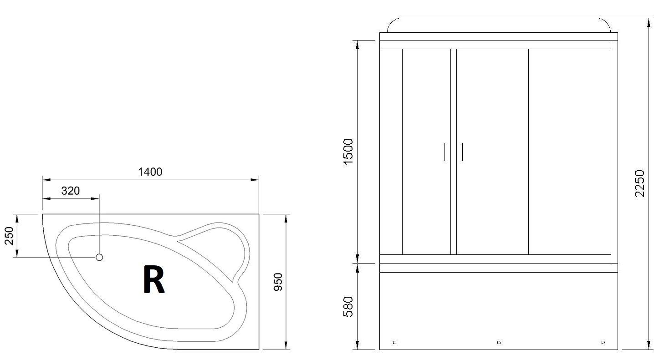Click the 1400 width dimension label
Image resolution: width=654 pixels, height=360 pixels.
(x=150, y=172)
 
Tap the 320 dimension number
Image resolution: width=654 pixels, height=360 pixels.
(x=70, y=191)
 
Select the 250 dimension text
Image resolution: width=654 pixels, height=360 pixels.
(x=9, y=236)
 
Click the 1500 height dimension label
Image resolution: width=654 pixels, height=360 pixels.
(x=348, y=152)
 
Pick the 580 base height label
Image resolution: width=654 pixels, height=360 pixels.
(x=348, y=307)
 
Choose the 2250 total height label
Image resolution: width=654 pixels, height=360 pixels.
(x=639, y=184)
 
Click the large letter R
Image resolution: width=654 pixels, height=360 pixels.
(x=154, y=279)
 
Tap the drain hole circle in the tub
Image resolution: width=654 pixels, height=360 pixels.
(x=99, y=257)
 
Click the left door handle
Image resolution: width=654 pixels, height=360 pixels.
(x=445, y=152)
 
